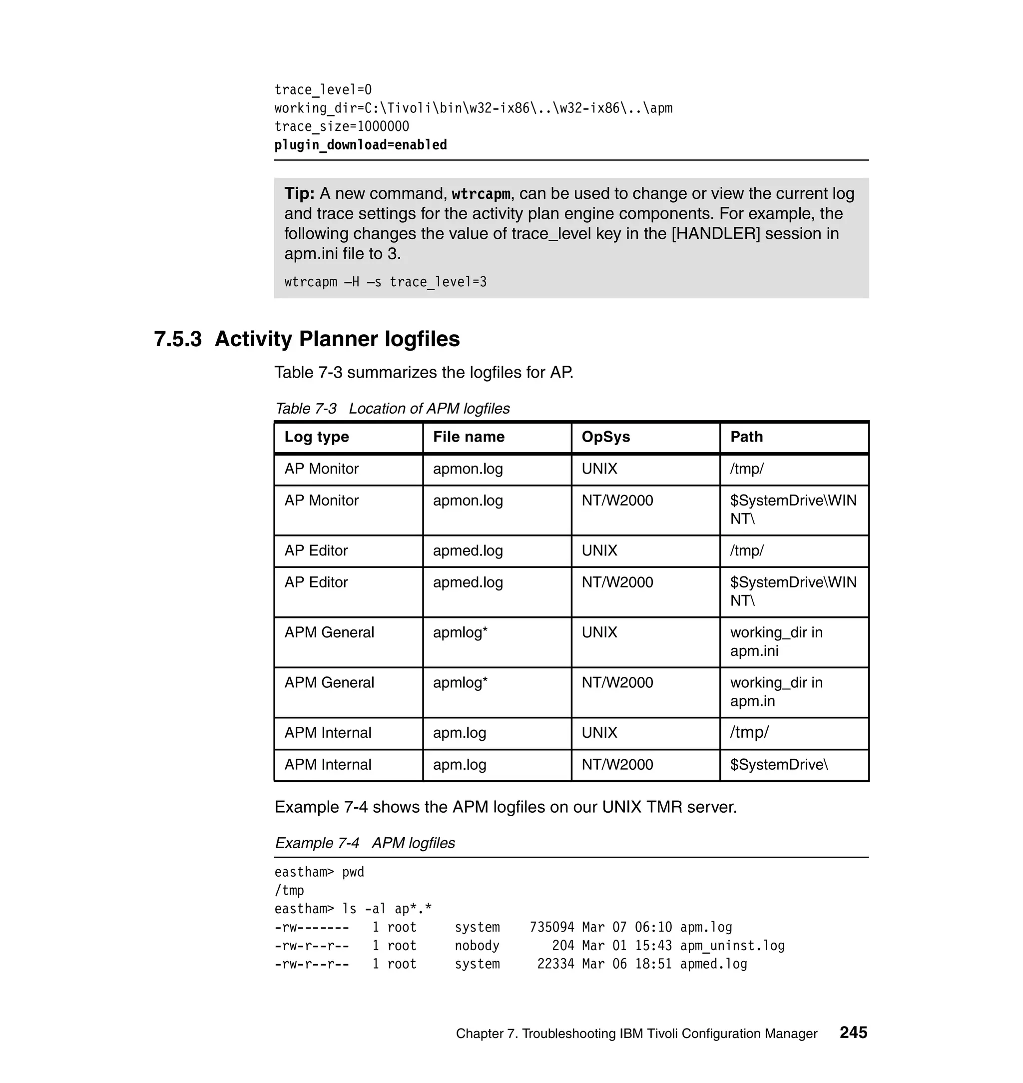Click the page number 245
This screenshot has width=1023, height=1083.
click(x=853, y=1032)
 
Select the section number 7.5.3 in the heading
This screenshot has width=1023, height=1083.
click(x=178, y=339)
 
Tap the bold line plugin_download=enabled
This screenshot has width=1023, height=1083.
click(x=361, y=145)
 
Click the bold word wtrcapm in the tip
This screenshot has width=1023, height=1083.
click(x=481, y=194)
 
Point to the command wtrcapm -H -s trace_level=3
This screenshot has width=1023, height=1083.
click(x=385, y=282)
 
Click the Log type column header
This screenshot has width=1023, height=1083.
click(x=316, y=437)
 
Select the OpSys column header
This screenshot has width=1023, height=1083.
click(x=605, y=437)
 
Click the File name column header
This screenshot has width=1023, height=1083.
click(x=469, y=437)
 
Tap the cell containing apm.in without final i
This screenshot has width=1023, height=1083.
click(x=776, y=691)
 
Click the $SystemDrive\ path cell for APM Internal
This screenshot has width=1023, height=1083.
click(x=779, y=764)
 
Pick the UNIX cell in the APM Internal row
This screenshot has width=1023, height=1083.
click(x=599, y=732)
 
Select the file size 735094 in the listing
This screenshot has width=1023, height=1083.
click(x=551, y=927)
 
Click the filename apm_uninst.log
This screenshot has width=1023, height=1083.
click(x=732, y=946)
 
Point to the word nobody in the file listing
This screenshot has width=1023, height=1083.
click(x=477, y=946)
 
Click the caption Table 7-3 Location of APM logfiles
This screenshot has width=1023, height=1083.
click(x=392, y=409)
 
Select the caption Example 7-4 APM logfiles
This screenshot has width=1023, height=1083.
click(x=364, y=843)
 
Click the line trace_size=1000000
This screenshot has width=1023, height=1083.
click(x=341, y=126)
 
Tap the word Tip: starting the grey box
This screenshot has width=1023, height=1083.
click(x=299, y=194)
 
